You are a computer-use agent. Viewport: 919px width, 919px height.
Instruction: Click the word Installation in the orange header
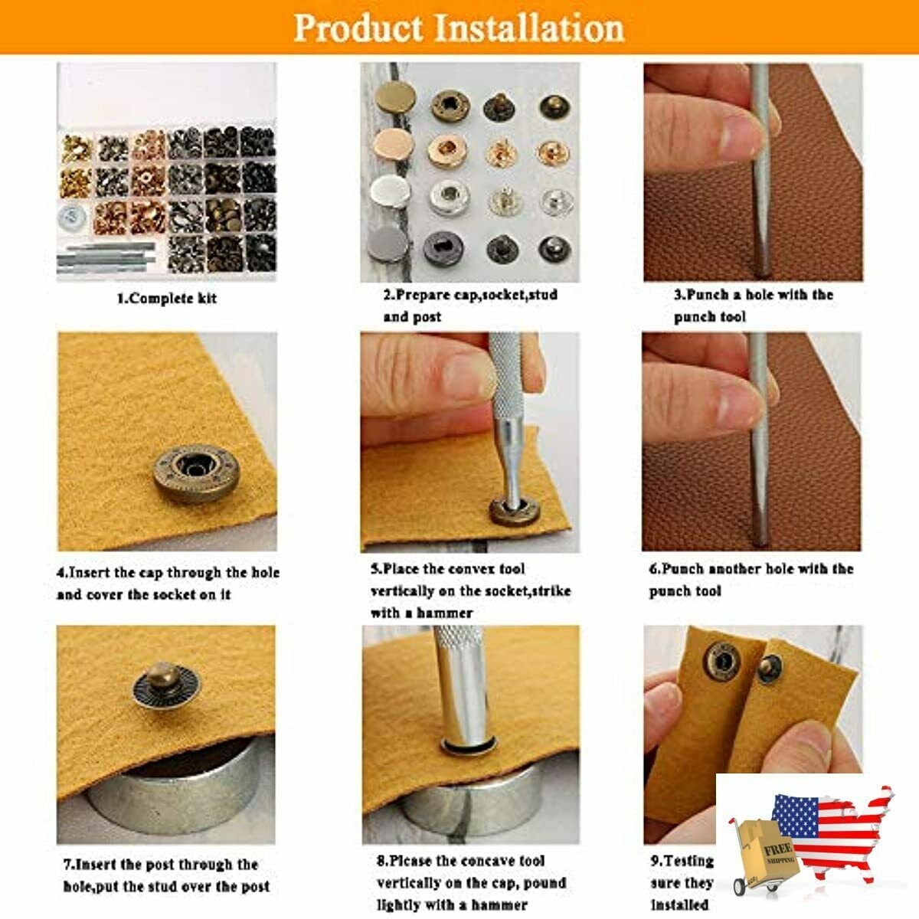click(x=530, y=28)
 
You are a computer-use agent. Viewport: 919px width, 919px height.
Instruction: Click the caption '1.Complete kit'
click(x=166, y=299)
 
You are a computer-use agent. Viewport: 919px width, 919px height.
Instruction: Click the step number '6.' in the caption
click(x=655, y=569)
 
